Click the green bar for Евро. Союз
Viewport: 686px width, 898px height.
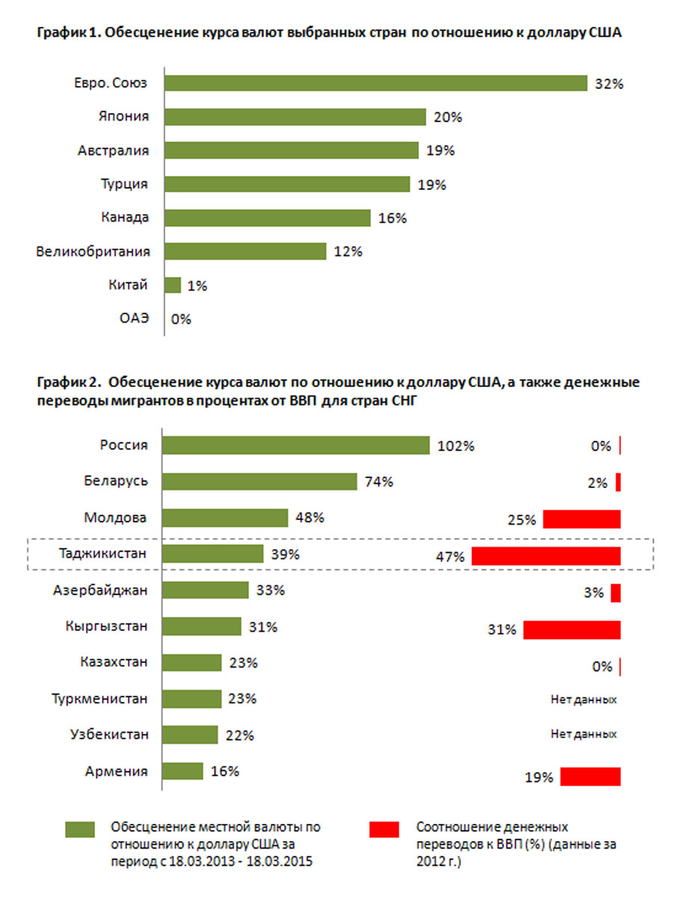click(x=376, y=83)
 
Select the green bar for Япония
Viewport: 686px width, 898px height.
click(x=295, y=117)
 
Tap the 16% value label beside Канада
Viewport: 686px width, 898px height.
click(x=392, y=218)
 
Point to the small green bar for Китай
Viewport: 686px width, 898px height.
click(x=172, y=285)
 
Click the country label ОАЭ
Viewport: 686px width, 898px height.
click(x=135, y=319)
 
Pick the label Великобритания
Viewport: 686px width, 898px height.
click(x=93, y=251)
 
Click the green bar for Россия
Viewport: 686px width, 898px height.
click(x=296, y=445)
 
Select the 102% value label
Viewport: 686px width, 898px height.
click(x=456, y=446)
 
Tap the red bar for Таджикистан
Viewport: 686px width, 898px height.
click(x=546, y=556)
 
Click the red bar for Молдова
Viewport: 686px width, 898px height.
click(x=582, y=519)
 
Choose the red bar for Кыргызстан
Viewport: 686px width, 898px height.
click(x=572, y=629)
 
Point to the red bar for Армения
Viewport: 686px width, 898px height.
click(x=590, y=777)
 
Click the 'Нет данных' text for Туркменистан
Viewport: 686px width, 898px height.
click(x=584, y=700)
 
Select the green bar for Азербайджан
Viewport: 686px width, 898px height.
click(x=206, y=590)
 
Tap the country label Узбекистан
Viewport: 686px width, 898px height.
click(x=106, y=735)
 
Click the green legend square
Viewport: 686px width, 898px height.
click(x=81, y=829)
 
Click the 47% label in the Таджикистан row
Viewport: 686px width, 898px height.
click(x=451, y=557)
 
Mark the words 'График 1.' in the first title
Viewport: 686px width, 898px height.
click(x=67, y=34)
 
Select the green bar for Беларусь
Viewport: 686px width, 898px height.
click(x=260, y=481)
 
